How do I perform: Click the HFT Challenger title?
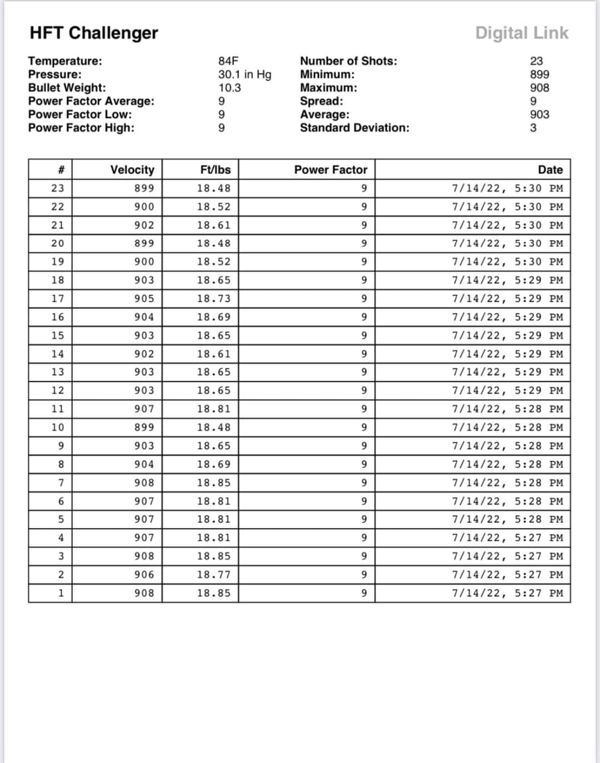point(94,33)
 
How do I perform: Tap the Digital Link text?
point(522,33)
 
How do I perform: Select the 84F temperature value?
point(228,61)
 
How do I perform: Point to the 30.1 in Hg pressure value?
point(244,74)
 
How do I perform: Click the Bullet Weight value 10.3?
point(229,88)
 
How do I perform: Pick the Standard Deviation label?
point(354,128)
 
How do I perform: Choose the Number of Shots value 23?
point(536,61)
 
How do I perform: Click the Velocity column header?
point(132,169)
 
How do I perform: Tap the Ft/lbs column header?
point(215,169)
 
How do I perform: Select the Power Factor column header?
point(331,169)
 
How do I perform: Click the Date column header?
point(550,169)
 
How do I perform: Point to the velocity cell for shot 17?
point(144,298)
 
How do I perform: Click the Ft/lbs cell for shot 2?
point(213,575)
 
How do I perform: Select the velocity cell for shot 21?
point(144,225)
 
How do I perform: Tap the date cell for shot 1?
point(507,593)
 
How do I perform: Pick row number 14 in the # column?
point(57,354)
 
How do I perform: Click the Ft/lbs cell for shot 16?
point(213,317)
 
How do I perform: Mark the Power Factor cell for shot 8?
point(364,464)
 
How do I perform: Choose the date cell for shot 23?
point(507,188)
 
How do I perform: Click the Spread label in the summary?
point(321,101)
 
